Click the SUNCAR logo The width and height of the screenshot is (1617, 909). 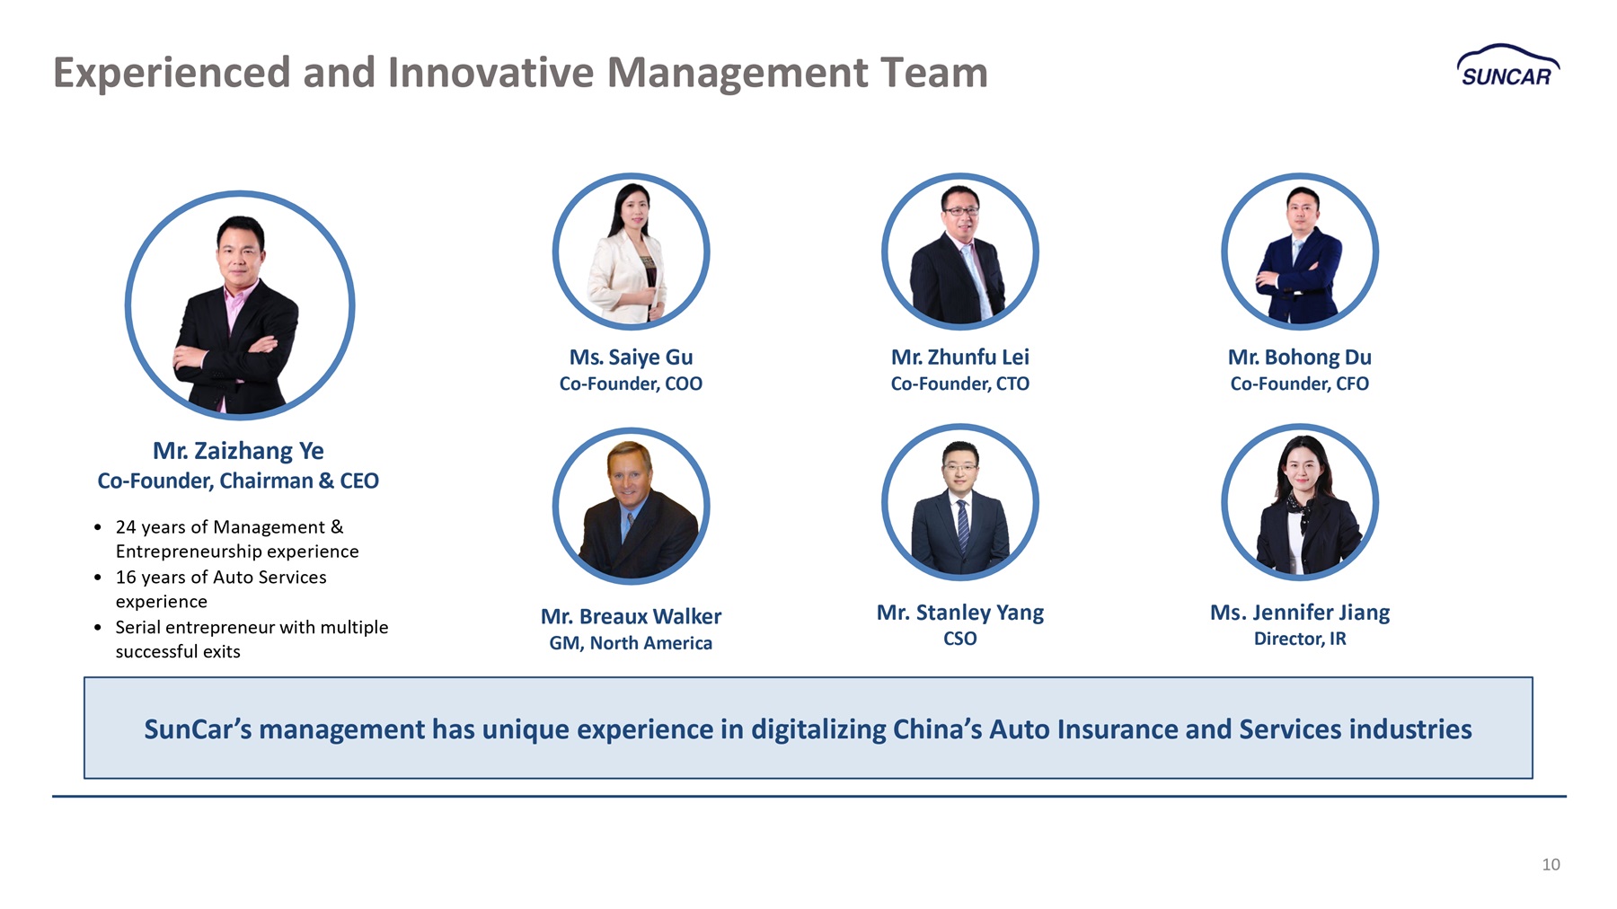coord(1508,66)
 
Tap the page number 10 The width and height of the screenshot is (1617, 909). coord(1551,864)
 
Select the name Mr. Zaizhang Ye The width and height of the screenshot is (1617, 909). coord(238,450)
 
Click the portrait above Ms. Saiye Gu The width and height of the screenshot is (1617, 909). coord(631,252)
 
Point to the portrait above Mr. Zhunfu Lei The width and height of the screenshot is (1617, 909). coord(960,252)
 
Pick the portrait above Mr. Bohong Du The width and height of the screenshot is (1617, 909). coord(1300,252)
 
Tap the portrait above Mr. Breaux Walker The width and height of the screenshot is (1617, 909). coord(631,506)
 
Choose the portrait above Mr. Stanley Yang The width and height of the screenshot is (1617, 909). coord(960,502)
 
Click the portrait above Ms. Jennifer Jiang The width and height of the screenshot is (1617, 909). coord(1300,502)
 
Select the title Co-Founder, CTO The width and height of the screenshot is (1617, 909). coord(959,384)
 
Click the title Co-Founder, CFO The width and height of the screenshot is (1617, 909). coord(1299,384)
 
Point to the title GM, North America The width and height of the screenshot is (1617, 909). coord(631,643)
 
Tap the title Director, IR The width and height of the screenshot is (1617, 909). coord(1300,639)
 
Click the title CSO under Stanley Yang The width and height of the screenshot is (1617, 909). coord(959,639)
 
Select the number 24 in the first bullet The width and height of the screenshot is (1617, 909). coord(126,527)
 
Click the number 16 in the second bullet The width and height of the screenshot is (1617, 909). coord(126,578)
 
